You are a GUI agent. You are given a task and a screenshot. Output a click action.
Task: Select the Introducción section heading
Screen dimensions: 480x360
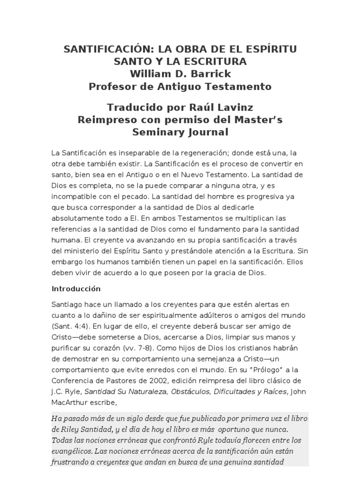[76, 289]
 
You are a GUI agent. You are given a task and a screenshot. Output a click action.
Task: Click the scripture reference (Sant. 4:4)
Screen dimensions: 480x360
[70, 326]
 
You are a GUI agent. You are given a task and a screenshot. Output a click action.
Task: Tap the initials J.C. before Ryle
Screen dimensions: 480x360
[59, 391]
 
